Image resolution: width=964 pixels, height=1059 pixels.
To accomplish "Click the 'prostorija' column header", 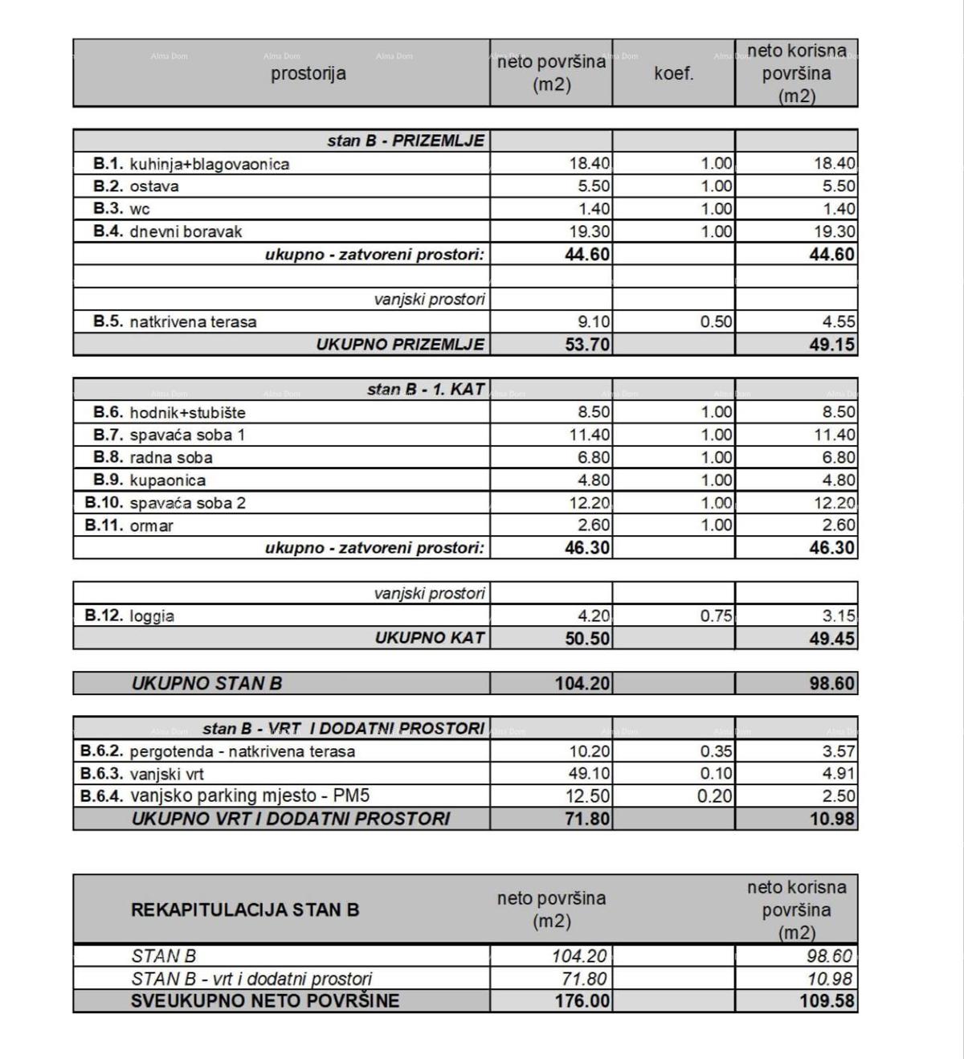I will (308, 74).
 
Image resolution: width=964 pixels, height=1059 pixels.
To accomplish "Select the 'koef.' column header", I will (673, 74).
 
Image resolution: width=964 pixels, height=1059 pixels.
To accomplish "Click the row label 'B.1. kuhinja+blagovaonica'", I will (191, 164).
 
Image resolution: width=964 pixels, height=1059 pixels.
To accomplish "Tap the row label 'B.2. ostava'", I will (137, 186).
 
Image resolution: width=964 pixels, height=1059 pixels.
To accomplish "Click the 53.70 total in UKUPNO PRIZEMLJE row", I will (582, 345).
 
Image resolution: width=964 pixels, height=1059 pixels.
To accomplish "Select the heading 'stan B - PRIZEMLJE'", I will (406, 141).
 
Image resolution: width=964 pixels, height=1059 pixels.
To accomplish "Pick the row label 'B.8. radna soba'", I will (153, 458).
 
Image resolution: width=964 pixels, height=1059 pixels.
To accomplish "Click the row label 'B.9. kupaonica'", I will (149, 480).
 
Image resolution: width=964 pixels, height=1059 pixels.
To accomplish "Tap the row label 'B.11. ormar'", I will (129, 526).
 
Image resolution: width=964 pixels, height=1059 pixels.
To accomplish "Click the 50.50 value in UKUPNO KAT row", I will (582, 639).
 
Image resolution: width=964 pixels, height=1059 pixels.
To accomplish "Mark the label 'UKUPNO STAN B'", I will (206, 684).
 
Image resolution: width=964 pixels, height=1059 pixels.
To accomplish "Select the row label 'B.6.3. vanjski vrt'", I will (142, 775).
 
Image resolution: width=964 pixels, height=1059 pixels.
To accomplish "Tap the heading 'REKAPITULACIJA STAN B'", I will (245, 910).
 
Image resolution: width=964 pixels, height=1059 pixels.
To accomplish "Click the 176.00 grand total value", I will (582, 1002).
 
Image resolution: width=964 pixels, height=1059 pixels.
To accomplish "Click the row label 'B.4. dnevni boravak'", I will (167, 231).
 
